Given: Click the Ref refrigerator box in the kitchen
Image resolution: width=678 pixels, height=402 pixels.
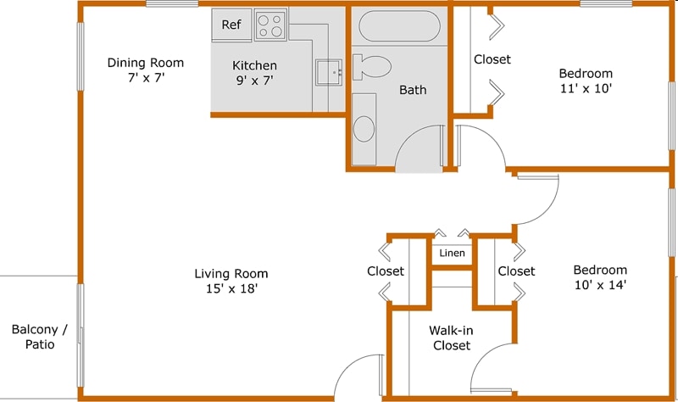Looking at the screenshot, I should click(x=231, y=25).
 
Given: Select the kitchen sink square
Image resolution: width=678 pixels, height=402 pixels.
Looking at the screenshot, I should click(x=329, y=72).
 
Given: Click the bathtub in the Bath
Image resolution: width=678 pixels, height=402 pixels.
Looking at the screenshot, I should click(x=397, y=26).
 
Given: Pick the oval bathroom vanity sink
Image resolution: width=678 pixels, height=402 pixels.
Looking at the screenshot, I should click(x=364, y=129).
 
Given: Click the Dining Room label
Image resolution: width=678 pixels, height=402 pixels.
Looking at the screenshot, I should click(x=145, y=63).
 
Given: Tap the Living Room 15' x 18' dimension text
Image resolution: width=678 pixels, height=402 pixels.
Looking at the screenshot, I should click(x=231, y=288).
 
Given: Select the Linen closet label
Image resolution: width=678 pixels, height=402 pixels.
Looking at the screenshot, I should click(x=452, y=253).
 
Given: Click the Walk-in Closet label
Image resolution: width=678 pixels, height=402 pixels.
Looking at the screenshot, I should click(x=452, y=338).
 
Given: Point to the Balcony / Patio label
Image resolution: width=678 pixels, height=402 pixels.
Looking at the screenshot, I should click(x=34, y=337).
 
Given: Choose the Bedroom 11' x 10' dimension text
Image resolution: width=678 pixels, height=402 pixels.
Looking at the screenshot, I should click(x=586, y=87).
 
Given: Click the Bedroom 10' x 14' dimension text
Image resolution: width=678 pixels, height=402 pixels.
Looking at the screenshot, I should click(x=599, y=285).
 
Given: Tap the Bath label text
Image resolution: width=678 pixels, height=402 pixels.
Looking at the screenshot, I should click(x=413, y=89).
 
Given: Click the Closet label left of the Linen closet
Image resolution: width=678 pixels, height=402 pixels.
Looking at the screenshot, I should click(x=385, y=271).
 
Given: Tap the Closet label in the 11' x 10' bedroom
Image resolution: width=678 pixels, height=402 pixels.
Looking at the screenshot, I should click(x=492, y=59).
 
